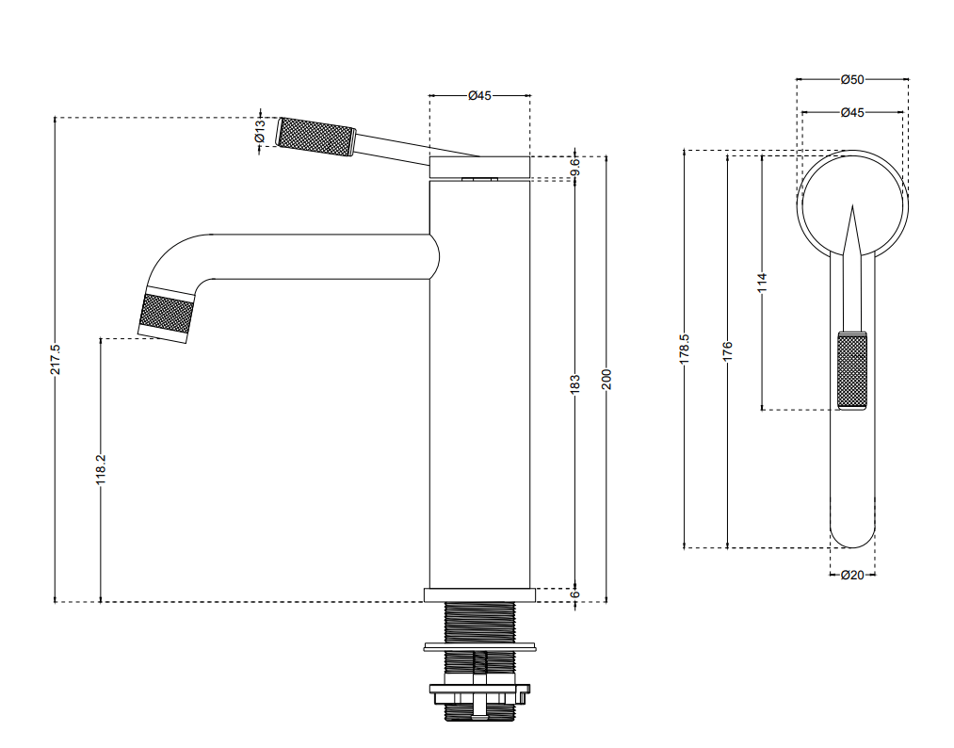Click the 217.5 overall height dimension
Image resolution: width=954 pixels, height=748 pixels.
click(x=56, y=359)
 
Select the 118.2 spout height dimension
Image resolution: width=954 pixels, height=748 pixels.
click(x=101, y=469)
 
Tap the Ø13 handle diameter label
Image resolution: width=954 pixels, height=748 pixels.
click(x=260, y=131)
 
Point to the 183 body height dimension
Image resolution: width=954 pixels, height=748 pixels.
click(x=575, y=384)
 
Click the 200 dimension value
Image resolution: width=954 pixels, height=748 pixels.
click(x=606, y=379)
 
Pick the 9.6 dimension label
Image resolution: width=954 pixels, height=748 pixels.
click(x=575, y=166)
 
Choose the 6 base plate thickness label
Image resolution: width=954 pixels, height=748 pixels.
click(x=575, y=594)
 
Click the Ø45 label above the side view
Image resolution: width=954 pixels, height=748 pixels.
click(x=479, y=95)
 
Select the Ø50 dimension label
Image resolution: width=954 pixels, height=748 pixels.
click(x=851, y=79)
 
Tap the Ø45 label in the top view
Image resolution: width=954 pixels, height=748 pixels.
click(x=851, y=113)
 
